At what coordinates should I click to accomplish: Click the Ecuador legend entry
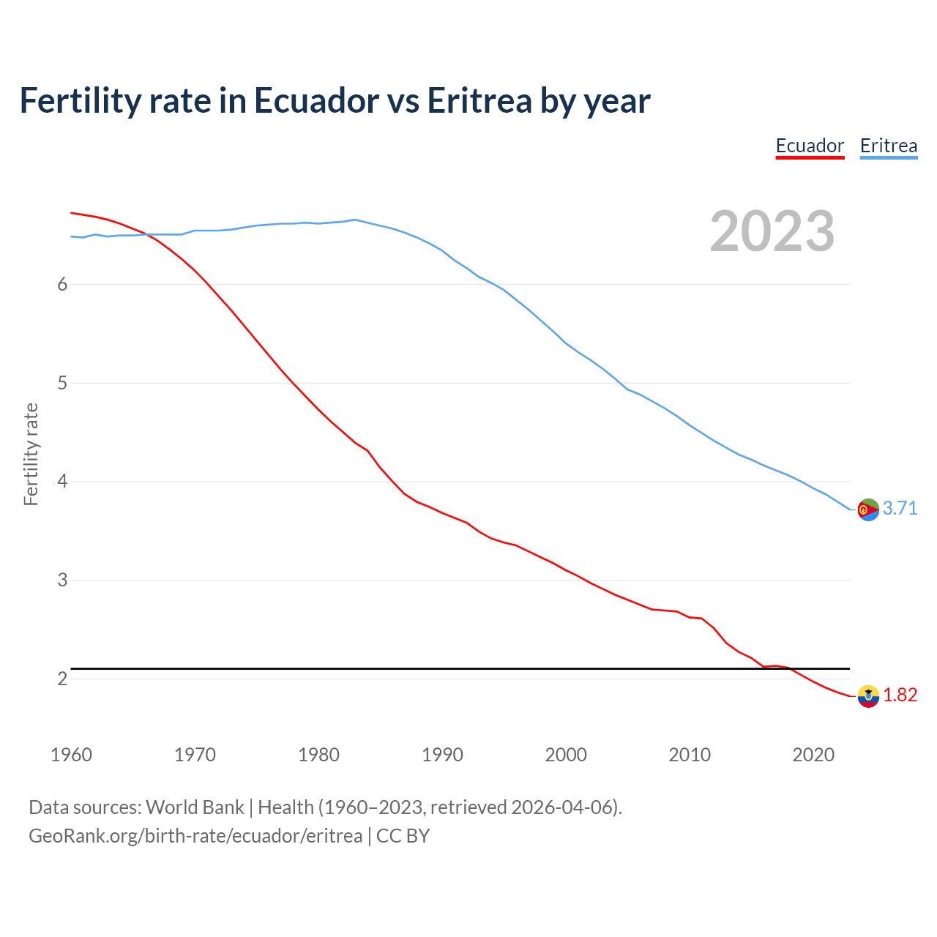[810, 146]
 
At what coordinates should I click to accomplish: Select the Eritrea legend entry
[888, 146]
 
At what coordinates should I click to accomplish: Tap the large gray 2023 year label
[772, 231]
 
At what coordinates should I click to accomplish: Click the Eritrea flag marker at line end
[868, 509]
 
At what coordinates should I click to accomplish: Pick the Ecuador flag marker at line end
[868, 696]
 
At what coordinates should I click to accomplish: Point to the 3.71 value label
[900, 508]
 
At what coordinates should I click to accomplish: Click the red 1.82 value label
[900, 695]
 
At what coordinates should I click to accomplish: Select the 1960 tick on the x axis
[71, 755]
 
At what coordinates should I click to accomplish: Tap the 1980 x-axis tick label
[318, 755]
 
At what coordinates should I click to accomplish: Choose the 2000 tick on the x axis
[566, 755]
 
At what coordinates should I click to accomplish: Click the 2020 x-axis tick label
[813, 755]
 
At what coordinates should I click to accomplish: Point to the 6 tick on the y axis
[62, 284]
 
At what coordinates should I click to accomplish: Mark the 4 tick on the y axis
[62, 482]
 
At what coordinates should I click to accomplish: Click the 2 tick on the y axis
[62, 679]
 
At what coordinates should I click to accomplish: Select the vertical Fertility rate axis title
[31, 454]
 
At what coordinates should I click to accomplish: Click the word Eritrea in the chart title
[479, 101]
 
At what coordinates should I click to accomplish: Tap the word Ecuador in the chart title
[316, 101]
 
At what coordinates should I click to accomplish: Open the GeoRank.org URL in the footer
[195, 836]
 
